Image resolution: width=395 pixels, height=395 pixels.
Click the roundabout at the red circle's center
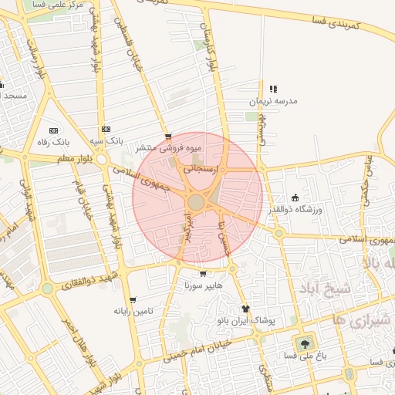tap(196, 202)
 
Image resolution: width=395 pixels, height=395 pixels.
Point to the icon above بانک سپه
tap(106, 129)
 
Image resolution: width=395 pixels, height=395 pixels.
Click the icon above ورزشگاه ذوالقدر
tap(295, 197)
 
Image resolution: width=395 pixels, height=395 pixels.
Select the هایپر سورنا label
tap(202, 285)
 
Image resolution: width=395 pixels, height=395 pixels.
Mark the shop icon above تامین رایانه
tap(133, 299)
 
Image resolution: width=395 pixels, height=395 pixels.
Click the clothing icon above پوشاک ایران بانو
tap(246, 308)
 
